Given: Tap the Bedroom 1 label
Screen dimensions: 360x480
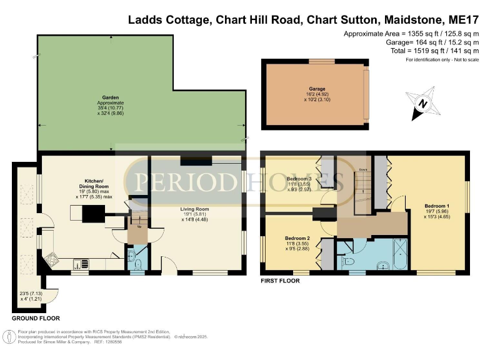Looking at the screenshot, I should [437, 206].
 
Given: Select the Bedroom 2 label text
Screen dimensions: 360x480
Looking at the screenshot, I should [297, 238].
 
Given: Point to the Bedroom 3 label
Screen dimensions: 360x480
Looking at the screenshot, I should [299, 179].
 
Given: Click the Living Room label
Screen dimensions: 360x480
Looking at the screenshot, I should [196, 209].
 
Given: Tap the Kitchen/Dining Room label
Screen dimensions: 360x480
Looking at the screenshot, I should [94, 183].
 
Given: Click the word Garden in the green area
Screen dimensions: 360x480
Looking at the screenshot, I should [110, 97].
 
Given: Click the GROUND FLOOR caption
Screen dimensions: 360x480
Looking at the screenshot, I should [36, 318].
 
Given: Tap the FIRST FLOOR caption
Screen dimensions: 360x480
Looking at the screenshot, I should [280, 281].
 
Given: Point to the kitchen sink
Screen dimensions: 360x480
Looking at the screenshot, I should [81, 262].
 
